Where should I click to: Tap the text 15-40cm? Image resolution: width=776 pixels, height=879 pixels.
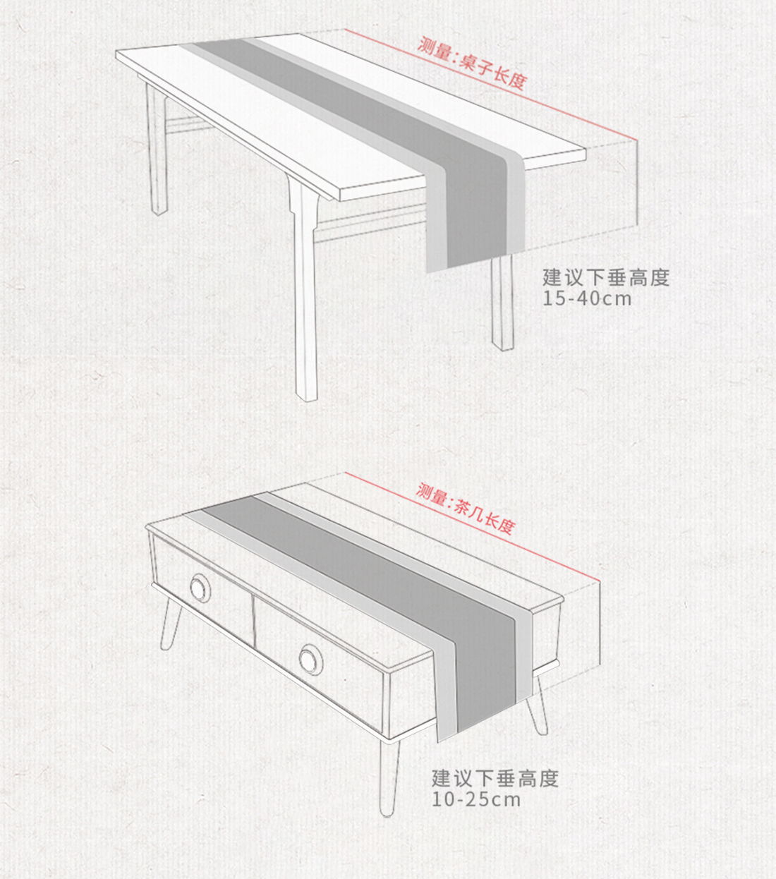coord(587,298)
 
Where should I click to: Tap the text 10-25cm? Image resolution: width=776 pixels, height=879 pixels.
coord(476,799)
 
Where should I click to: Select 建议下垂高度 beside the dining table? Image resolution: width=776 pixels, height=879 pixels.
coord(605,277)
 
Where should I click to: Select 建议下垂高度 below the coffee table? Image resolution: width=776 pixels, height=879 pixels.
coord(495,778)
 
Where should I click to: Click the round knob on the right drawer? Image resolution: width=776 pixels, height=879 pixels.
coord(309,658)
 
